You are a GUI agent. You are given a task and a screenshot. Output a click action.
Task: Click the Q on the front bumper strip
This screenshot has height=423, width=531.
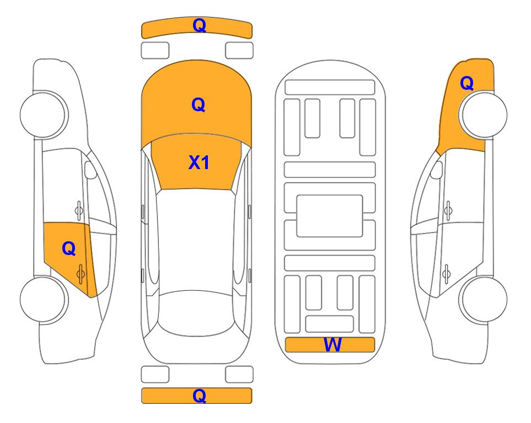[x=199, y=25]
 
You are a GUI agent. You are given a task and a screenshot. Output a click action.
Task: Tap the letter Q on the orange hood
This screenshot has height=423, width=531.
[x=199, y=105]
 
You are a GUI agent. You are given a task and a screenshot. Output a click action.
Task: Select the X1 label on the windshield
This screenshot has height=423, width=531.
[x=199, y=162]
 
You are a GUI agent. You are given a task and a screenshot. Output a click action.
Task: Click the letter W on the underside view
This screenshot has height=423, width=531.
[x=332, y=345]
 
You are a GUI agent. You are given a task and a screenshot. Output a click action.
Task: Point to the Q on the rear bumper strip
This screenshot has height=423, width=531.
[x=199, y=395]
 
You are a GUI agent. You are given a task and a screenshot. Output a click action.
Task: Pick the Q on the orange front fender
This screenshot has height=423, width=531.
[x=466, y=83]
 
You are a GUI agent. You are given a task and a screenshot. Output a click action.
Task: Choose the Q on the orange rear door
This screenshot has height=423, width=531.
[x=69, y=249]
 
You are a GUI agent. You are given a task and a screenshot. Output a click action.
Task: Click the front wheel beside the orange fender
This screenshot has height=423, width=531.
[x=482, y=115]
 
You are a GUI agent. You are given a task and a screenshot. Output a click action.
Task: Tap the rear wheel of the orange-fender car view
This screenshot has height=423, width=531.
[x=482, y=299]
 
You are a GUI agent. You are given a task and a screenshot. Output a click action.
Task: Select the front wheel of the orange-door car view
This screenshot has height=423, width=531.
[x=44, y=115]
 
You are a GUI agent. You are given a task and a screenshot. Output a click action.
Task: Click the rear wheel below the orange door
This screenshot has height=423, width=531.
[x=44, y=299]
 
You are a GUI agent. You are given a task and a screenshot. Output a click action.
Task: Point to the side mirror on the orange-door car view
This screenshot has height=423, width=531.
[x=90, y=170]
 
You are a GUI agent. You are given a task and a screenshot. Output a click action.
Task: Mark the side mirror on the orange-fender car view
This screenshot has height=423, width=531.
[x=436, y=170]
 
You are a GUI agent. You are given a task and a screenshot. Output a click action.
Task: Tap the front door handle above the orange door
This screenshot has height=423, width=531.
[x=79, y=210]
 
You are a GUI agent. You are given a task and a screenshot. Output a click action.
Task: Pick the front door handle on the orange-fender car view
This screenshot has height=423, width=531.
[x=448, y=210]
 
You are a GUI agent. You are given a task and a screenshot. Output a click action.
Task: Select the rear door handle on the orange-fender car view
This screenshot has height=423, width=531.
[x=446, y=274]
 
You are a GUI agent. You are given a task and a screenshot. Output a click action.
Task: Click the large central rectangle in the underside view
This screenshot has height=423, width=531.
[x=330, y=216]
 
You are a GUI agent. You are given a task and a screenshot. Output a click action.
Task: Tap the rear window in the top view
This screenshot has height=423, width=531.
[x=199, y=313]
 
